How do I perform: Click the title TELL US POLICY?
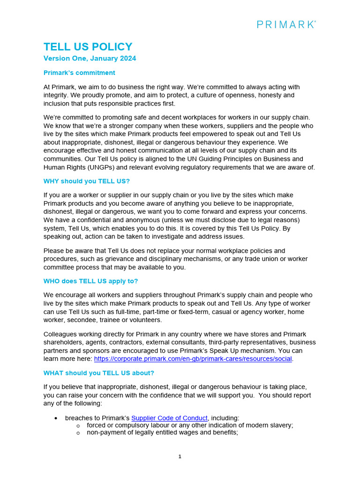(88, 47)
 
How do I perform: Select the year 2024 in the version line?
(128, 59)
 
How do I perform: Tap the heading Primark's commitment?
(79, 73)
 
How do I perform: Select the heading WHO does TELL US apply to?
(90, 281)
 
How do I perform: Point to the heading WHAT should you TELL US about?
(98, 373)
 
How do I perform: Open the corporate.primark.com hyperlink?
(193, 359)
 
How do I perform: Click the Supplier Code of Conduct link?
(169, 418)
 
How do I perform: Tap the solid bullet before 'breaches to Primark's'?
(56, 418)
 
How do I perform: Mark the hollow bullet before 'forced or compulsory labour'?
(78, 426)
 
